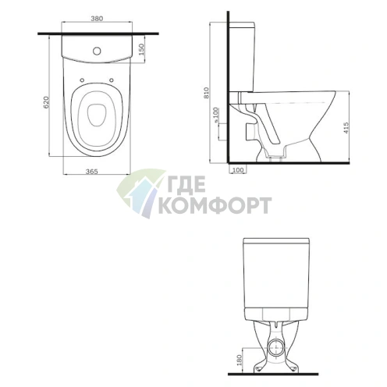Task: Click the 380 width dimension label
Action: pos(97,19)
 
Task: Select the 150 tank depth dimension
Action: pos(141,49)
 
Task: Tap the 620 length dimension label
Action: pos(45,102)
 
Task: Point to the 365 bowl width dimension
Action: pos(92,172)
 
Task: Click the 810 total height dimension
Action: pos(207,93)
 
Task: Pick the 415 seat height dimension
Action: pos(346,128)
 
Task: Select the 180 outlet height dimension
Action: pos(240,360)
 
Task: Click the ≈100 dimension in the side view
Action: pos(216,115)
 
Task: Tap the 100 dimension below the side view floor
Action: pos(237,170)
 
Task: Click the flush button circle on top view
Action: pos(97,51)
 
